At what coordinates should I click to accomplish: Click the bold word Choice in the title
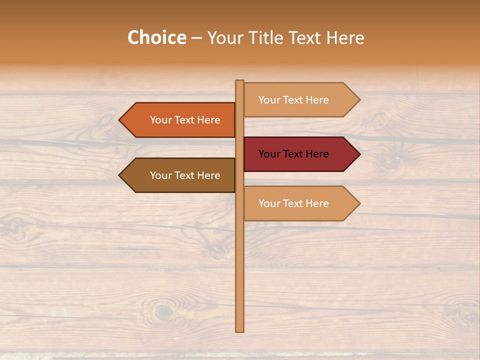(x=156, y=37)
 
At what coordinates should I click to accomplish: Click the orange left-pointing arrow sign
(x=177, y=120)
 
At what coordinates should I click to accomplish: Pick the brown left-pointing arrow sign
(x=177, y=175)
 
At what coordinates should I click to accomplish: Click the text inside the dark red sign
(x=293, y=154)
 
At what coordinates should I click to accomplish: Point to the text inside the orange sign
(x=185, y=120)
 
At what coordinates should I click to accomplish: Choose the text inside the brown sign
(x=185, y=175)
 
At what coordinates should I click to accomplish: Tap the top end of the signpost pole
(x=240, y=82)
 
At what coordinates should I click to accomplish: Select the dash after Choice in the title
(x=196, y=38)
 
